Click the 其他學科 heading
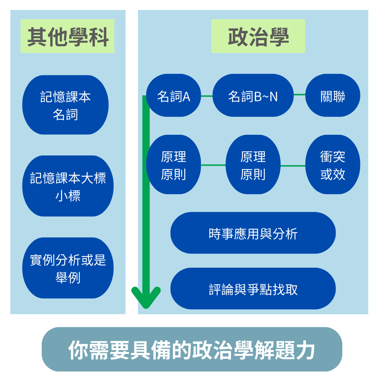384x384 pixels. [68, 36]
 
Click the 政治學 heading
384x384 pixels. [258, 36]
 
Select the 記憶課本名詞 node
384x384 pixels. [65, 105]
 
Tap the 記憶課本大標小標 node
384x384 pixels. [68, 186]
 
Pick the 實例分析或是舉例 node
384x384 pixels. [68, 268]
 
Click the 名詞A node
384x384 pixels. [174, 96]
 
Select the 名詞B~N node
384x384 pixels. [253, 96]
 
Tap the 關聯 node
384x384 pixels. [333, 96]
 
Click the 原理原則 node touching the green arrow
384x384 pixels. [174, 165]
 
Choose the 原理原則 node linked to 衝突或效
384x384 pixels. [253, 165]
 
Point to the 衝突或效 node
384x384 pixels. [333, 165]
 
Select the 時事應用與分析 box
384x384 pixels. [253, 233]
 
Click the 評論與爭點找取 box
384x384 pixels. [253, 289]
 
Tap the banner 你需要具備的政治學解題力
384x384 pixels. [192, 349]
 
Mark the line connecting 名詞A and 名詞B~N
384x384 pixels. [207, 96]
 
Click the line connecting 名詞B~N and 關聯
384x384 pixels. [299, 95]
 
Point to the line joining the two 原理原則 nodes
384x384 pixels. [213, 165]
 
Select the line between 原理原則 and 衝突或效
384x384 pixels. [293, 166]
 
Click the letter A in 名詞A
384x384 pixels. [186, 97]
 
